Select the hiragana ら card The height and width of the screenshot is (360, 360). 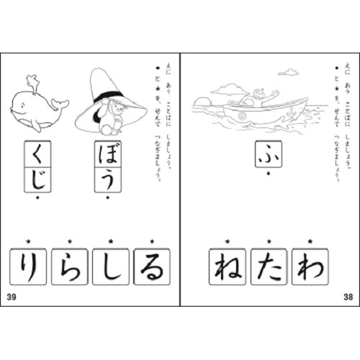pyautogui.click(x=69, y=266)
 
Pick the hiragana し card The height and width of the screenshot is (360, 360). pyautogui.click(x=110, y=266)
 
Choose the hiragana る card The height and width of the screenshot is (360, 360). pyautogui.click(x=151, y=266)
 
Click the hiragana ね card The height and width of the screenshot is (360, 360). pyautogui.click(x=227, y=266)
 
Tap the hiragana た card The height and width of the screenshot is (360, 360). pyautogui.click(x=268, y=266)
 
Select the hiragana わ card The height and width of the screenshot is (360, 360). pyautogui.click(x=310, y=266)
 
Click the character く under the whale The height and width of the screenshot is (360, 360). pyautogui.click(x=36, y=154)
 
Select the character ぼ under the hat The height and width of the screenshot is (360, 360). pyautogui.click(x=107, y=154)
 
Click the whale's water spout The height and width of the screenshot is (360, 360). pyautogui.click(x=31, y=81)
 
